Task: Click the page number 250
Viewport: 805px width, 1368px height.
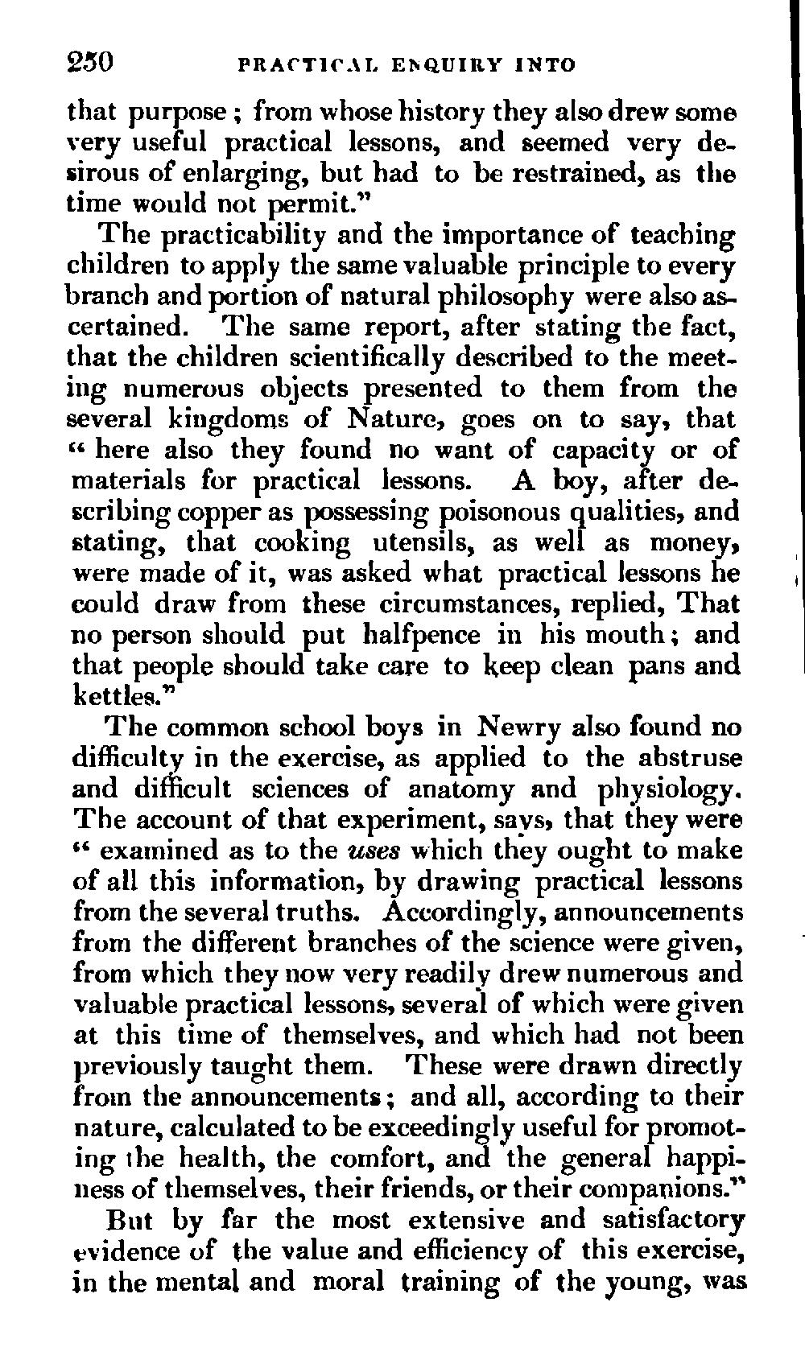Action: click(91, 62)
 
